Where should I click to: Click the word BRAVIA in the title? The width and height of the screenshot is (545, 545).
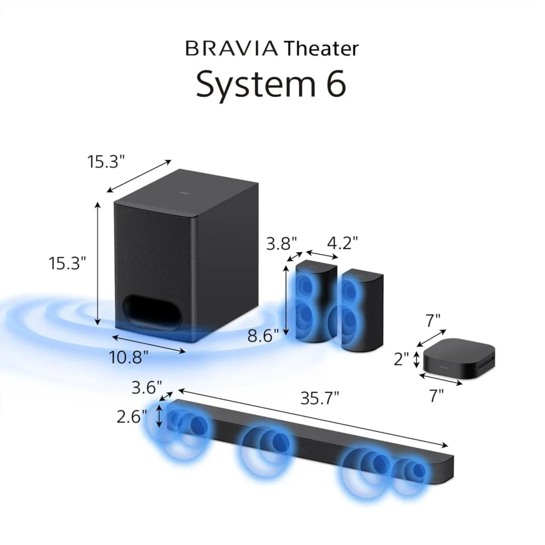coord(231,48)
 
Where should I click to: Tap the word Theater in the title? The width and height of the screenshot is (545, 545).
coord(321,48)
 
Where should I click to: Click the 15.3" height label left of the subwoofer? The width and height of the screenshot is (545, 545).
coord(68,263)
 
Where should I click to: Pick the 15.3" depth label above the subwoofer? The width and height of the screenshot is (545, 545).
coord(106,161)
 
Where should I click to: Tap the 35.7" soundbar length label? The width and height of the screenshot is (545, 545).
coord(319,398)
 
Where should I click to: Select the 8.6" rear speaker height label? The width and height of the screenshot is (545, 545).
coord(264,335)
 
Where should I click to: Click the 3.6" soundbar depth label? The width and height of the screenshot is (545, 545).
coord(146,387)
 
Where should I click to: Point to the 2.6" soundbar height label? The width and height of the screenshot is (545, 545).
coord(131,416)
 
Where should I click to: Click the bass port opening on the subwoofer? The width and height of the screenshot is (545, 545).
coord(152,312)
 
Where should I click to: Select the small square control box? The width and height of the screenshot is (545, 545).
coord(459,359)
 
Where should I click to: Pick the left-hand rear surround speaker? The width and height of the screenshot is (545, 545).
coord(316,301)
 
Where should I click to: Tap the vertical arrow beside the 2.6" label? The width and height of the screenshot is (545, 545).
coord(159,415)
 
